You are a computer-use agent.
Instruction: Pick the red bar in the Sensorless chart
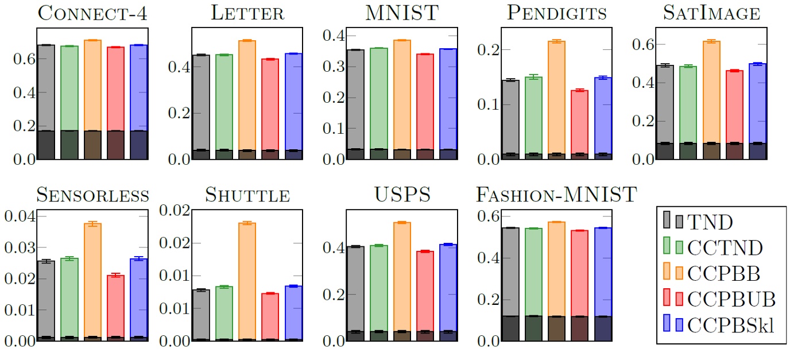pyautogui.click(x=115, y=304)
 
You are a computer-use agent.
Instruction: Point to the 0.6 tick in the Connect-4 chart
pyautogui.click(x=19, y=59)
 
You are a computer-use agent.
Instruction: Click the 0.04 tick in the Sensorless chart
pyautogui.click(x=19, y=217)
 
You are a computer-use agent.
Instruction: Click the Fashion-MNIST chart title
pyautogui.click(x=556, y=195)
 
